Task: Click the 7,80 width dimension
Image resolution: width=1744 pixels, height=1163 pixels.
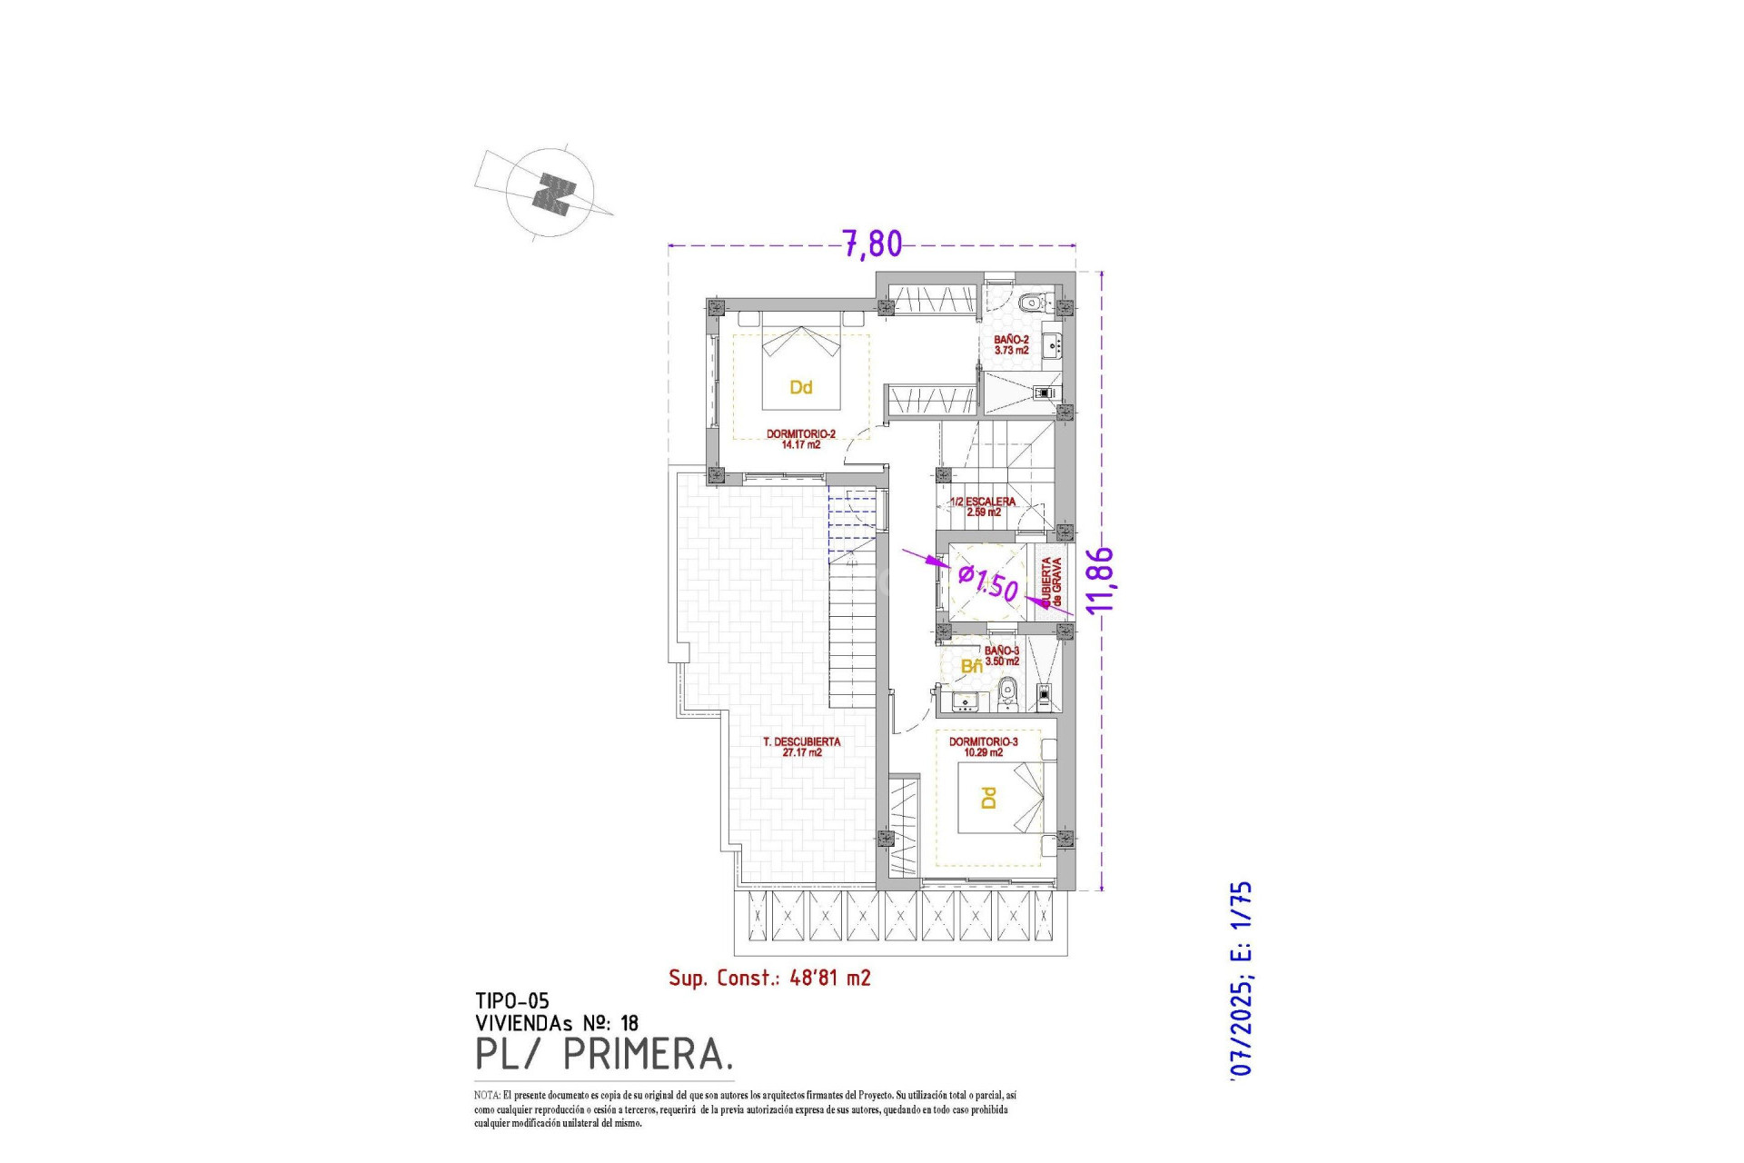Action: [x=872, y=244]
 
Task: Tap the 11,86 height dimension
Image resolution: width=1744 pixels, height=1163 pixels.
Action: [x=1100, y=580]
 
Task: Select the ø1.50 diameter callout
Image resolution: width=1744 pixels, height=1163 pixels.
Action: [x=988, y=581]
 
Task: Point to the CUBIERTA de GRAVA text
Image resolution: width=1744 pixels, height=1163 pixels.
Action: [x=1051, y=582]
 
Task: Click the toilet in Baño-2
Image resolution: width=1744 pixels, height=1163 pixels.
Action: [x=1033, y=303]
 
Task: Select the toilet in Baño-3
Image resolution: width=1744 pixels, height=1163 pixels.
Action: [x=1006, y=696]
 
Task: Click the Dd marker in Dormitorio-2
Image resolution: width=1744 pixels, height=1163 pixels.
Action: [x=800, y=388]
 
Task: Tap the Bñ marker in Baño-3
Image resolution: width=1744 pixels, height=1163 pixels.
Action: [x=971, y=667]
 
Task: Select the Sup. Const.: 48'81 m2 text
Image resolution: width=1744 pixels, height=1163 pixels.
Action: [x=769, y=978]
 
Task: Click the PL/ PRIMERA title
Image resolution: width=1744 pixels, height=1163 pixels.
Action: [x=603, y=1054]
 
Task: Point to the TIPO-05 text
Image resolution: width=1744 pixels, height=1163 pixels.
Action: [x=511, y=1001]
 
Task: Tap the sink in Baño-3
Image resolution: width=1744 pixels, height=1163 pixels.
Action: [x=963, y=700]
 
